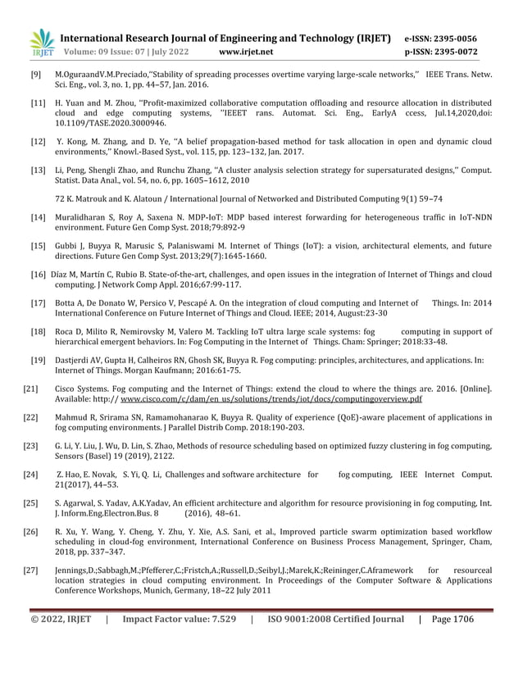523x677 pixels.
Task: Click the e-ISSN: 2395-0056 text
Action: point(442,38)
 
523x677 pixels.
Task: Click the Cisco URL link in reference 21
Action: point(271,399)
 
